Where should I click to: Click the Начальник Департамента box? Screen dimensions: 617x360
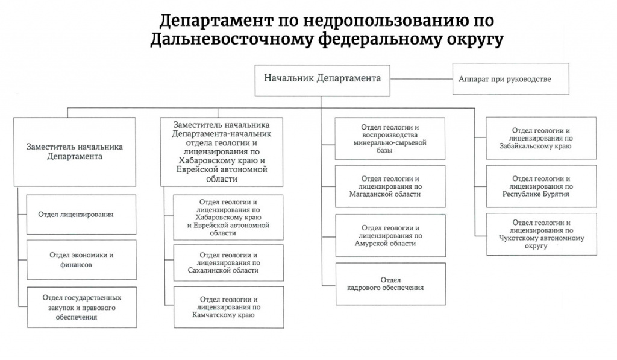322,80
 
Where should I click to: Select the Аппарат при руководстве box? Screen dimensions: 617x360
511,79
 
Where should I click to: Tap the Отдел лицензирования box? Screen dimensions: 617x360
81,214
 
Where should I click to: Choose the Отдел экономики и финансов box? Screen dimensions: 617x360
81,260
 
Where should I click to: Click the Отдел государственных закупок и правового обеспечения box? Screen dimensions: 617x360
82,307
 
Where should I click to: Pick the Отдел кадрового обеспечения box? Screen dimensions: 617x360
390,283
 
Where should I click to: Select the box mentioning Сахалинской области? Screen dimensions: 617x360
228,263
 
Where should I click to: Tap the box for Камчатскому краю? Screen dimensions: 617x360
228,307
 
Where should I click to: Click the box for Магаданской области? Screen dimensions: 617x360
390,186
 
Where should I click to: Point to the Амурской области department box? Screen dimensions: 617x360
390,236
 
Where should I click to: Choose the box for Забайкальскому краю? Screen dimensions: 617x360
541,138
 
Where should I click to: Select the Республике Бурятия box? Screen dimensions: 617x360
542,186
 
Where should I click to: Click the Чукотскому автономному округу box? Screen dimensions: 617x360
542,235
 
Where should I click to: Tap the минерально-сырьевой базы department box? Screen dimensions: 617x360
390,138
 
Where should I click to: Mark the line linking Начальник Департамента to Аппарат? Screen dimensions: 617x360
421,79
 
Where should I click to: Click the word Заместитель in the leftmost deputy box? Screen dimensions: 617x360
51,147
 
